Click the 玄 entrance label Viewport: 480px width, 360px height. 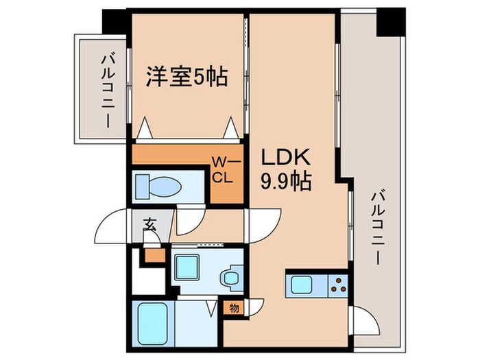150,224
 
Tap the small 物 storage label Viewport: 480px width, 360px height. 235,308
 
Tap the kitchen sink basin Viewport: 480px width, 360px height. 302,285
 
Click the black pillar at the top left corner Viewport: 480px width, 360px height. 115,19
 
